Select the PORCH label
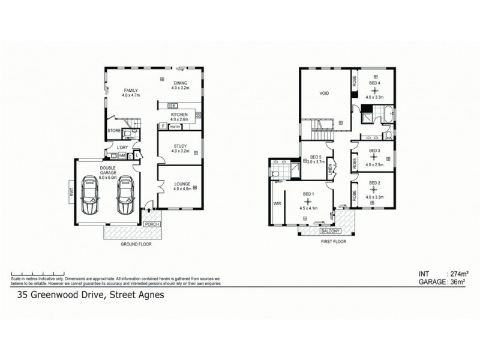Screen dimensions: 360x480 [x=151, y=224]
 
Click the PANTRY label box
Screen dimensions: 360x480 [x=175, y=127]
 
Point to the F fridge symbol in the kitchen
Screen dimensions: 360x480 [x=163, y=126]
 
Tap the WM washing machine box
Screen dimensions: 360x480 [x=121, y=155]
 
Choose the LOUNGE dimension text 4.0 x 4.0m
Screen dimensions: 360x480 [x=180, y=190]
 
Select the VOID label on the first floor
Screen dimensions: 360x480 [x=325, y=94]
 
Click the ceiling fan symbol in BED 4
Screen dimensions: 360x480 [x=375, y=89]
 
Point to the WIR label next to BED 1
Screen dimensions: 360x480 [x=277, y=204]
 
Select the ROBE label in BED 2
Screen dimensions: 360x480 [x=355, y=194]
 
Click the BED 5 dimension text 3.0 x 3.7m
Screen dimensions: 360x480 [x=316, y=161]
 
